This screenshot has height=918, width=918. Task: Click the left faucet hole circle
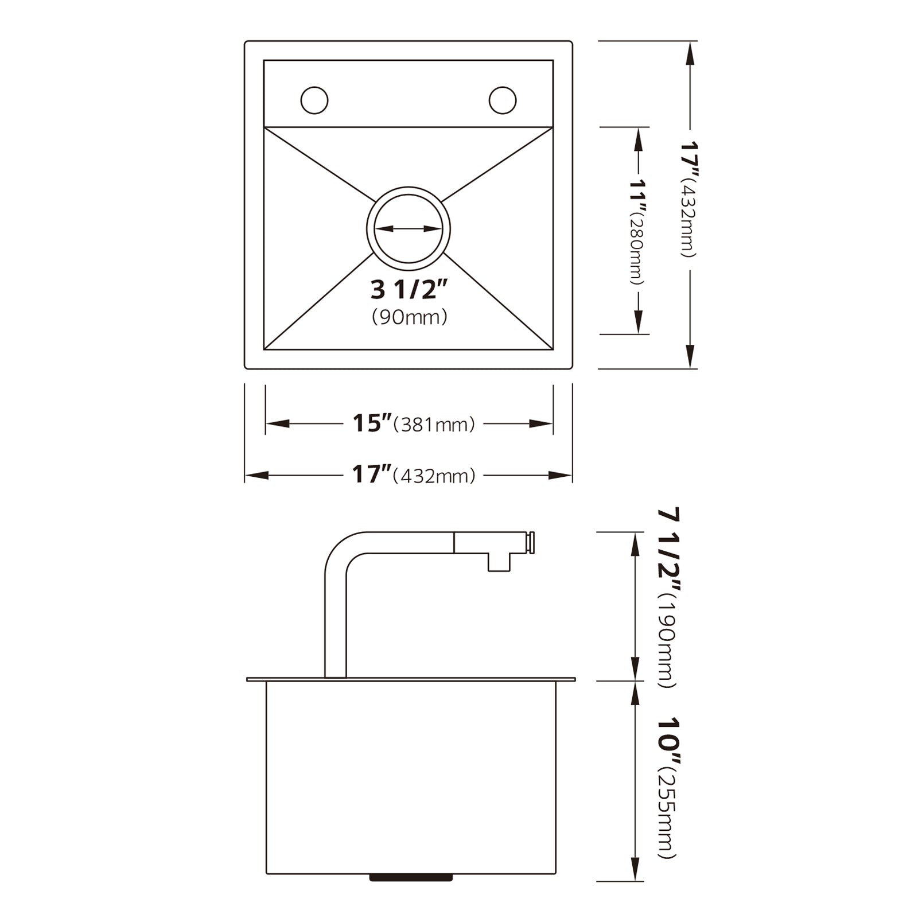click(x=314, y=100)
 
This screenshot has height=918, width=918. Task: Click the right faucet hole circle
click(x=503, y=100)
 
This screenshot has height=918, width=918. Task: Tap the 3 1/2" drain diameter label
click(x=409, y=290)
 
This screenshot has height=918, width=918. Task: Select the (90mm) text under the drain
click(x=409, y=317)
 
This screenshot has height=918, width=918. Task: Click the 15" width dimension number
click(x=371, y=423)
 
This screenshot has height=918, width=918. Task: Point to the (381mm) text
click(x=434, y=425)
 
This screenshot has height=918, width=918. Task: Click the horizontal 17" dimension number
click(x=371, y=475)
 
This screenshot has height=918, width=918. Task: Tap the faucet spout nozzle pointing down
click(x=499, y=562)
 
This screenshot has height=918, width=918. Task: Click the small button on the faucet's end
click(x=532, y=543)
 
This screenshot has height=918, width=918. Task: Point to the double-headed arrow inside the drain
click(x=408, y=229)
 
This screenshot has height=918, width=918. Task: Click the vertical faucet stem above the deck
click(x=336, y=620)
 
